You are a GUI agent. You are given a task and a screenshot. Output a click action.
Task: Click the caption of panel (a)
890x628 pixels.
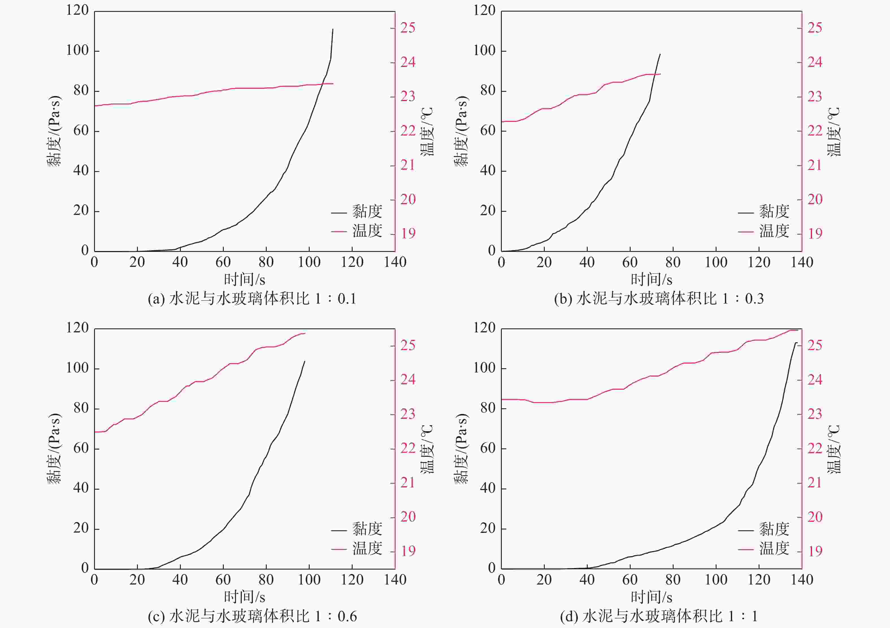[x=252, y=299]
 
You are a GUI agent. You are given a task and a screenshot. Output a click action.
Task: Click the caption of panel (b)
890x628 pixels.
[x=659, y=299]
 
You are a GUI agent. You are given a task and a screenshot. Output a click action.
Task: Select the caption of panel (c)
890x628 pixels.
[x=252, y=616]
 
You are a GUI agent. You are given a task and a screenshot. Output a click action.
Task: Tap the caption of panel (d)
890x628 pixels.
[x=659, y=616]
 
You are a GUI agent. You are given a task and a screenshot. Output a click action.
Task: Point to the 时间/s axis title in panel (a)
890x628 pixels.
[x=245, y=279]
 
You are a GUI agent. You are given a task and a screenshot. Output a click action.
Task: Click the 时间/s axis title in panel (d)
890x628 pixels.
[x=652, y=597]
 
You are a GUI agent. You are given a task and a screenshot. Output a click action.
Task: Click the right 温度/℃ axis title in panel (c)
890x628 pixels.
[x=427, y=450]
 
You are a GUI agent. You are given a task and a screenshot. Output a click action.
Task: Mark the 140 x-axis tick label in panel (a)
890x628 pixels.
[x=395, y=262]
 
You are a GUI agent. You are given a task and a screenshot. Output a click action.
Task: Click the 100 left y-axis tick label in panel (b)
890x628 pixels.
[x=484, y=51]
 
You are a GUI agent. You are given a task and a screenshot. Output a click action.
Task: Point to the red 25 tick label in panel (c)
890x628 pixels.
[x=408, y=345]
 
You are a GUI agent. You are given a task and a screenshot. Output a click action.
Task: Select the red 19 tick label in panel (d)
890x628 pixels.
[x=815, y=551]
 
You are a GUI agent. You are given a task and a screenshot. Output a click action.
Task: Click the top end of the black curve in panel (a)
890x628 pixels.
[x=333, y=29]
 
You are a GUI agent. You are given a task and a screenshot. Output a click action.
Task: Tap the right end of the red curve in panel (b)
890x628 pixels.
[x=660, y=74]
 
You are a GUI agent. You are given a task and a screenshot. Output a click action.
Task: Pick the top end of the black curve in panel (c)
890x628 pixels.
[x=305, y=361]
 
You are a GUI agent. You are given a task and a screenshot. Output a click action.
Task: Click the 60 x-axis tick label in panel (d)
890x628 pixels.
[x=630, y=580]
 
